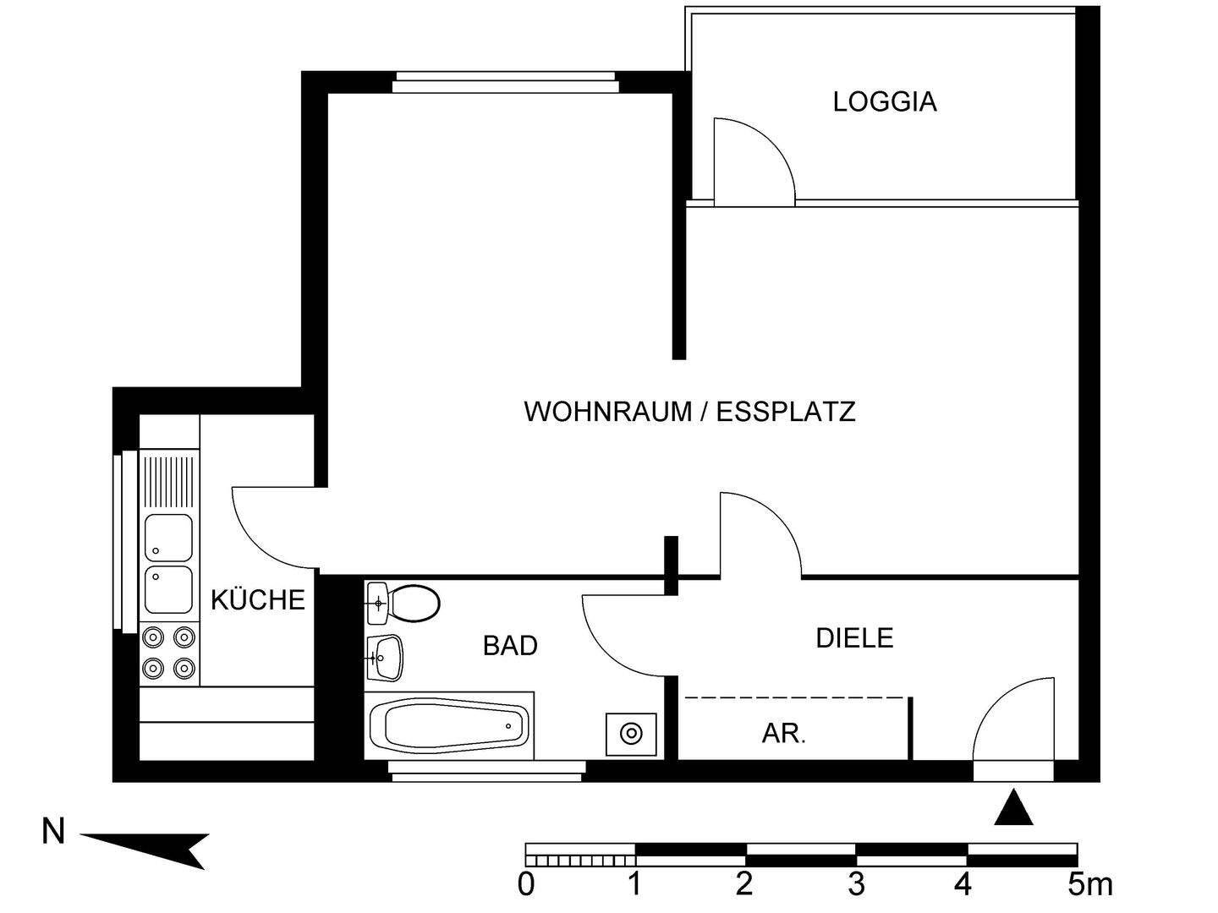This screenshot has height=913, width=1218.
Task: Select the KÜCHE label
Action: (257, 600)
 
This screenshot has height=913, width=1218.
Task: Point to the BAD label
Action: (510, 646)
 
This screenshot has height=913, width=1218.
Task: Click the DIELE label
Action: (854, 637)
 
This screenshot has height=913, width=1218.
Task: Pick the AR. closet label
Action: (784, 734)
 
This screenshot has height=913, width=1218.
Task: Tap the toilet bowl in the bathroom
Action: (414, 604)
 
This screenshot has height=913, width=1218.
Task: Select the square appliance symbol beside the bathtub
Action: (631, 734)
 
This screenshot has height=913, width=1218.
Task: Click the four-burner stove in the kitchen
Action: (169, 652)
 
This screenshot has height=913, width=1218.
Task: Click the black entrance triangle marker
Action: (1013, 809)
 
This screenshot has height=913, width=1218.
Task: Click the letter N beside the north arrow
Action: (53, 833)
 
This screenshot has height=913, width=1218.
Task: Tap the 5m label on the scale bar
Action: (1090, 885)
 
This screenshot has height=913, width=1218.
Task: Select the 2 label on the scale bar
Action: (744, 885)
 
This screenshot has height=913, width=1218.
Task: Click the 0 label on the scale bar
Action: (526, 885)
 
